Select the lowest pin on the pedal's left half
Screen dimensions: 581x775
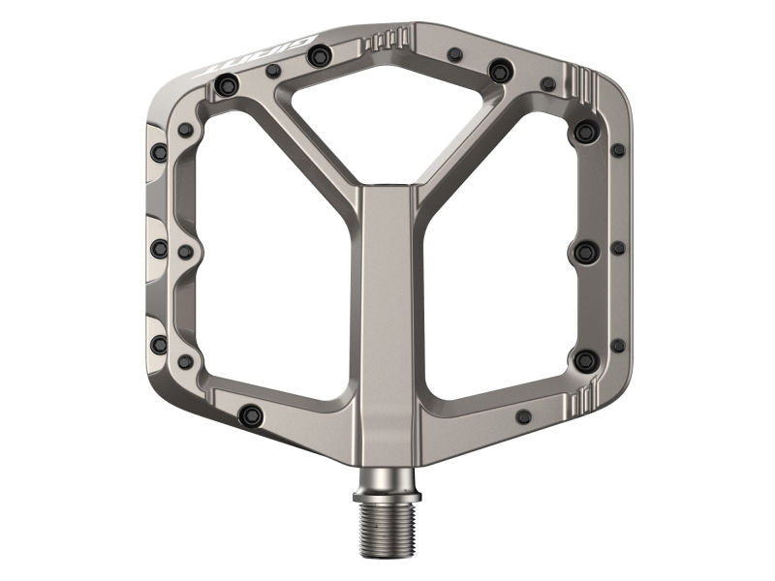(x=250, y=415)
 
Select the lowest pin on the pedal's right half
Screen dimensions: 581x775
(x=524, y=416)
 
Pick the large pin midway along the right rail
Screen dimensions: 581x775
(x=585, y=252)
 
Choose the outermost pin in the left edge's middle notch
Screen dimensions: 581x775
(x=159, y=249)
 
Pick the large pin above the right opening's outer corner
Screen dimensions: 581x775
(x=585, y=131)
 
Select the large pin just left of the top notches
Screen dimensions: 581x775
(x=319, y=57)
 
